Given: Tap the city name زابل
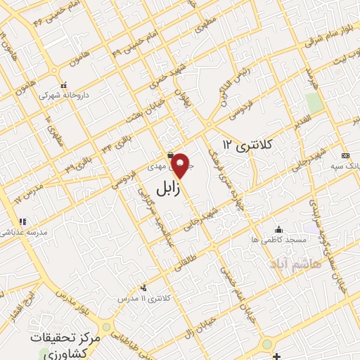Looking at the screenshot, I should tap(167, 188).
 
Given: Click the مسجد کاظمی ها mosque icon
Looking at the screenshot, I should tap(279, 229).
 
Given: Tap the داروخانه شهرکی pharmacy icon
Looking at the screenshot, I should tap(63, 83).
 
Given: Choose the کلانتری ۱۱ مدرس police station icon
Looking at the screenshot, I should tap(143, 287).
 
